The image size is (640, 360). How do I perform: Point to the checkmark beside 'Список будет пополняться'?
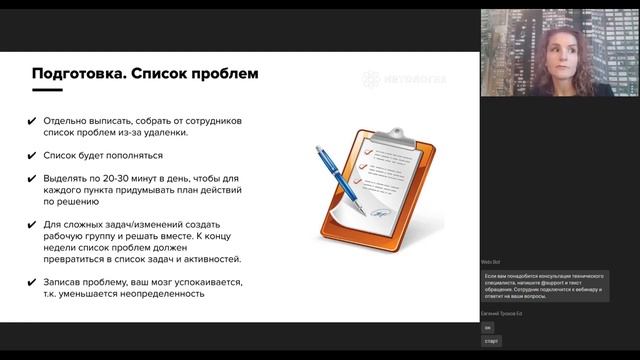point(34,156)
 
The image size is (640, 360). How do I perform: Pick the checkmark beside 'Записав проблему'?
point(34,282)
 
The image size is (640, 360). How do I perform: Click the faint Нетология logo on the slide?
point(404,76)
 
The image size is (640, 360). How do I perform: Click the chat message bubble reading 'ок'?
point(488,327)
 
